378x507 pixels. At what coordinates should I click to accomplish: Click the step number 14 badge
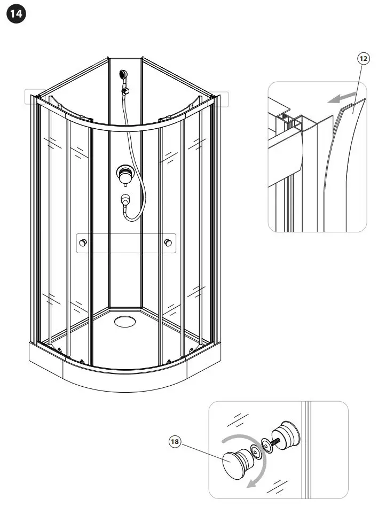coord(16,14)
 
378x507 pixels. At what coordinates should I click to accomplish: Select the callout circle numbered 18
coord(175,441)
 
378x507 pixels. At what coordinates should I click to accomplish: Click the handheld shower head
coord(124,75)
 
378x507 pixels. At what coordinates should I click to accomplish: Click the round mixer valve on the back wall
coord(125,174)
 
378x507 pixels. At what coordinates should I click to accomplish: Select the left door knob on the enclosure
coord(83,244)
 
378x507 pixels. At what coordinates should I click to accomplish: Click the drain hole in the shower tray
coord(125,322)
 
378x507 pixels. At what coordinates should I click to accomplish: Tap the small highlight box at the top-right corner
coord(220,99)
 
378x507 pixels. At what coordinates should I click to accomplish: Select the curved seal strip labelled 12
coord(346,160)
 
